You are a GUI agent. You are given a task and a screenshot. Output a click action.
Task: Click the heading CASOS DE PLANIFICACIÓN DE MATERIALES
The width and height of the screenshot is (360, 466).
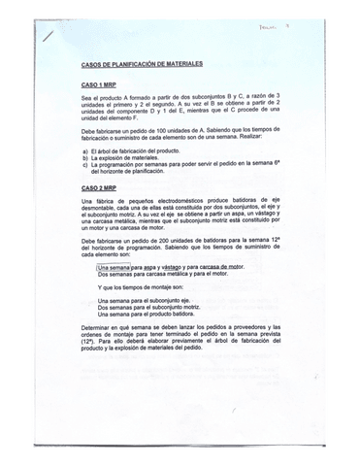tap(142, 64)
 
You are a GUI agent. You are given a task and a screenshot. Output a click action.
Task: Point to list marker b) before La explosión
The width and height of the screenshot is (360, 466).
tap(85, 159)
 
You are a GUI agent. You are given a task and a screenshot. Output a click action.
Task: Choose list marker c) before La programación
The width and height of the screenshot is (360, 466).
tap(85, 166)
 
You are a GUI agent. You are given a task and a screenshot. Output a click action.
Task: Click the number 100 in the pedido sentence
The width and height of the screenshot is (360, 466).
tap(184, 127)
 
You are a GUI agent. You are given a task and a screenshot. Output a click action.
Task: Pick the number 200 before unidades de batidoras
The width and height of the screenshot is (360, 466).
tap(183, 239)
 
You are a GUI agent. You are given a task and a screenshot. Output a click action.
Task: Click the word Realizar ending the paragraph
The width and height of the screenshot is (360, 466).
tap(263, 134)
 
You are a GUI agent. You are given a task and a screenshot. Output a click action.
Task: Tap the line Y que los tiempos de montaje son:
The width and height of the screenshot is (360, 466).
tap(150, 288)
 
